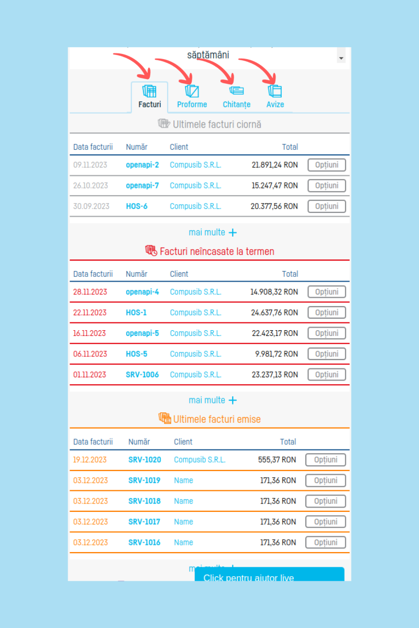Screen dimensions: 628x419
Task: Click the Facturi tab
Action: (x=149, y=97)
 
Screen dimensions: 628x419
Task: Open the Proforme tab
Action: (x=192, y=97)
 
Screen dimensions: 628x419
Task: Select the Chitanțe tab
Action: (x=236, y=97)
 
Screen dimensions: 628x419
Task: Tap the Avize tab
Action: (x=275, y=97)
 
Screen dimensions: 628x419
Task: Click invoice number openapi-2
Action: (x=142, y=165)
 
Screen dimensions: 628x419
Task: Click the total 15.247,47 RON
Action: (x=274, y=186)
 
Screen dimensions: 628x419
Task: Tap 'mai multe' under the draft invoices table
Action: (x=213, y=232)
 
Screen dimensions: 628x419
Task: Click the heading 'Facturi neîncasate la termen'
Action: (x=217, y=252)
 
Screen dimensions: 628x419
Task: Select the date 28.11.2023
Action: (x=90, y=292)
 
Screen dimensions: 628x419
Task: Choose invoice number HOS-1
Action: (x=136, y=312)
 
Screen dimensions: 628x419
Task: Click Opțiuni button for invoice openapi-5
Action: (x=326, y=333)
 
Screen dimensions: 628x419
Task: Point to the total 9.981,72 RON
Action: (x=276, y=354)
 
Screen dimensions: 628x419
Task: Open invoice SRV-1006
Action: (x=142, y=375)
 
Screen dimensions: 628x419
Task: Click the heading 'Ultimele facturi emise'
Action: (x=217, y=419)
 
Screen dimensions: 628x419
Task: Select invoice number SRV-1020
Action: (x=145, y=460)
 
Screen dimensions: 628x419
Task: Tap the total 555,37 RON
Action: (x=277, y=460)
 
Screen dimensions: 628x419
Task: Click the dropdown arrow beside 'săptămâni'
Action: (x=341, y=58)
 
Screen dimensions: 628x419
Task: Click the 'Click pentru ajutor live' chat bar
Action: (x=269, y=575)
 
